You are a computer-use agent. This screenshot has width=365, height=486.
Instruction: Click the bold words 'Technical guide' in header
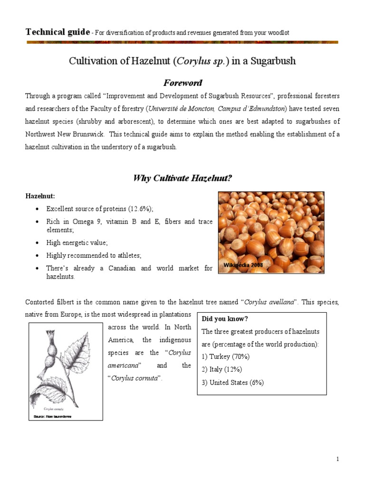(57, 32)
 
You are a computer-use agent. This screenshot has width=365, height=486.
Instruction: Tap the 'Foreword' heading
(182, 83)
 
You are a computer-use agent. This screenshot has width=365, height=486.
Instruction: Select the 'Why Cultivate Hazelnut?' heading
(182, 178)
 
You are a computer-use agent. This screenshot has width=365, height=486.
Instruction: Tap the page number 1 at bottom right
(337, 459)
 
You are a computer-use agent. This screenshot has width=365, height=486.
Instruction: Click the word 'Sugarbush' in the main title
(272, 61)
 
